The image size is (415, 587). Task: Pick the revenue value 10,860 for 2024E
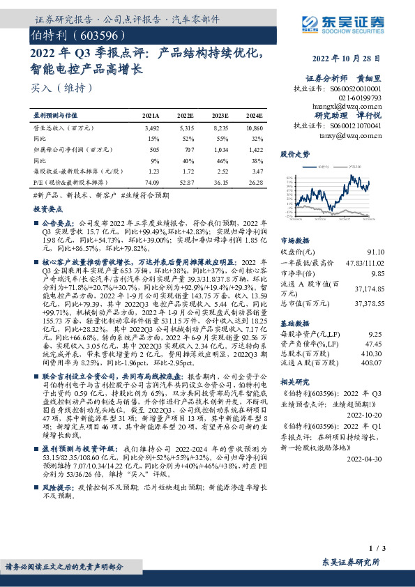point(255,129)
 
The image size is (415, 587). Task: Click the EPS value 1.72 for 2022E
point(187,171)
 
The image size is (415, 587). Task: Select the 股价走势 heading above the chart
point(295,154)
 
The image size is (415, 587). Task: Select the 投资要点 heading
point(48,209)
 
